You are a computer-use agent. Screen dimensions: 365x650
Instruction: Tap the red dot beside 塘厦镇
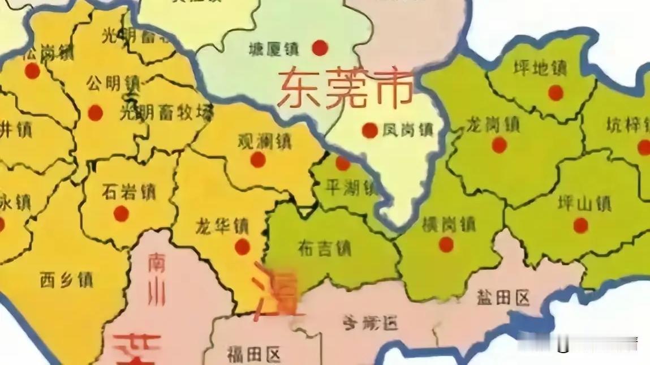click(320, 48)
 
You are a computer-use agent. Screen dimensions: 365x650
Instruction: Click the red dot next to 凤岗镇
click(370, 131)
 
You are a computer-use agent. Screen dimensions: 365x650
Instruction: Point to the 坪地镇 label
click(540, 68)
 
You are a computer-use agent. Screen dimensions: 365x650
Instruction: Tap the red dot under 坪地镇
click(556, 93)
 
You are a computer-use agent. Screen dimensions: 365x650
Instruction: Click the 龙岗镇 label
click(493, 123)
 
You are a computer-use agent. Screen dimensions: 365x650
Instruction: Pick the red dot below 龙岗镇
click(499, 145)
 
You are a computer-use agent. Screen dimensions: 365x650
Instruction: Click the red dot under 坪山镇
click(580, 226)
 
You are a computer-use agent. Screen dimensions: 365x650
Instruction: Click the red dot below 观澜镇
click(258, 160)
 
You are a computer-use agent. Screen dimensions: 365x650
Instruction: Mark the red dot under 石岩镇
click(121, 213)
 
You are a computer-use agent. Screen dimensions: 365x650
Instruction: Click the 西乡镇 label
click(67, 279)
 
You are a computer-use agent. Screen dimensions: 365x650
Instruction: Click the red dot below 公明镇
click(96, 113)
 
